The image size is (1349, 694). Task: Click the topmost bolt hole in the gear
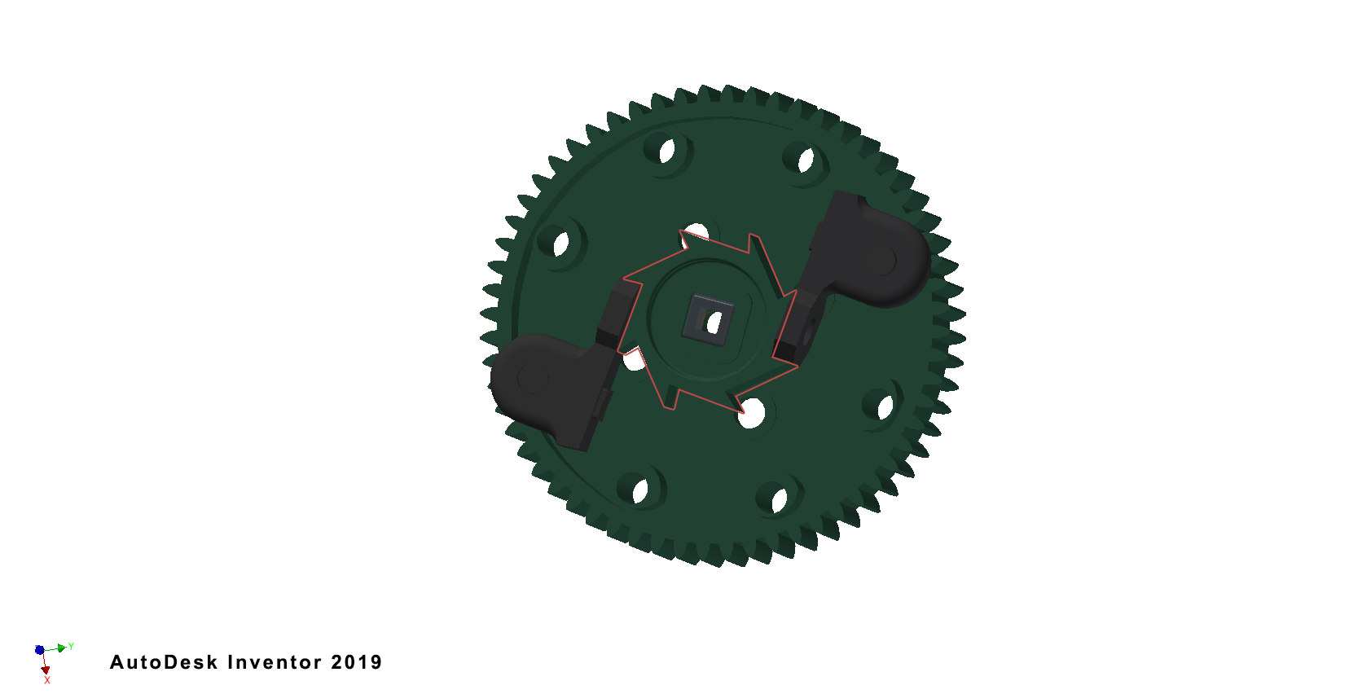pyautogui.click(x=667, y=152)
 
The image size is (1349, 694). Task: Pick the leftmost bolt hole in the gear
pyautogui.click(x=561, y=244)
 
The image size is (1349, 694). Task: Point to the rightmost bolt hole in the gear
pyautogui.click(x=884, y=406)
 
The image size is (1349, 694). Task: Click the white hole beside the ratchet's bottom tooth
pyautogui.click(x=751, y=414)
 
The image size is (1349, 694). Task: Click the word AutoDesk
pyautogui.click(x=164, y=662)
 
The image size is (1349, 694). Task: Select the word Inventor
pyautogui.click(x=275, y=662)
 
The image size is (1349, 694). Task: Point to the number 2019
pyautogui.click(x=357, y=662)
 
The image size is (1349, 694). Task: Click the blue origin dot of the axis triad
pyautogui.click(x=40, y=650)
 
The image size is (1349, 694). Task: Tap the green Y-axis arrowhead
pyautogui.click(x=62, y=648)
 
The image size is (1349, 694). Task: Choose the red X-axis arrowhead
pyautogui.click(x=46, y=670)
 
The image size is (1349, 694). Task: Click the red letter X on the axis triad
pyautogui.click(x=47, y=680)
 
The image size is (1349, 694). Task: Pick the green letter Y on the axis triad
pyautogui.click(x=71, y=646)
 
